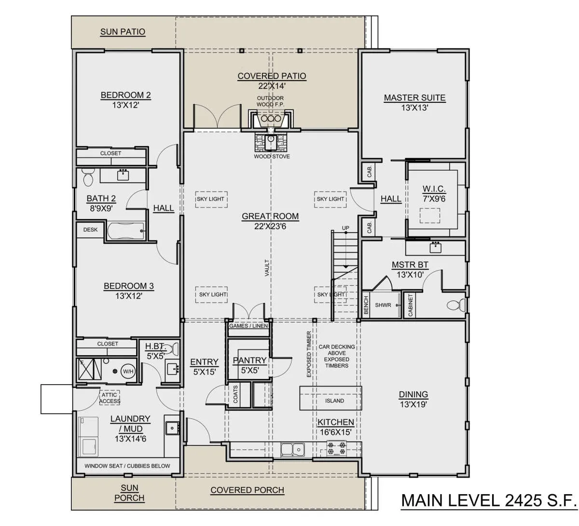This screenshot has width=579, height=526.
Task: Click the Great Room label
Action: click(270, 216)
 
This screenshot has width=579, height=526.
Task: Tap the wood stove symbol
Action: click(271, 142)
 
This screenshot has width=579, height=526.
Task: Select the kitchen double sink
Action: click(292, 449)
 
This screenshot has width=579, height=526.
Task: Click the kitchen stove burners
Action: click(336, 448)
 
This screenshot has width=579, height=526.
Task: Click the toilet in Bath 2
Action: click(88, 177)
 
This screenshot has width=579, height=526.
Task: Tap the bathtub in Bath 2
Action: click(125, 231)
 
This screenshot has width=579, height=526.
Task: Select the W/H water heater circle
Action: click(128, 371)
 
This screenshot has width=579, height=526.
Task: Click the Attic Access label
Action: click(110, 398)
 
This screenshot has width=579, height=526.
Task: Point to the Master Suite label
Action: click(414, 98)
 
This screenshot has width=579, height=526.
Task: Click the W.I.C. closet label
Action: click(434, 189)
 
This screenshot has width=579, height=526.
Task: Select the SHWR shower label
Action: click(383, 305)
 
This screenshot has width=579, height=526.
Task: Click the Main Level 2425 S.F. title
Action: click(488, 500)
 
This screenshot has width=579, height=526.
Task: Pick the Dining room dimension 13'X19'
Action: click(414, 404)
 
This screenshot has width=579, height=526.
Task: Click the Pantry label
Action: click(249, 360)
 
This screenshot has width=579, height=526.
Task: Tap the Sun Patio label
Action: click(123, 32)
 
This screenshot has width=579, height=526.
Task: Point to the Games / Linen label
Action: click(248, 326)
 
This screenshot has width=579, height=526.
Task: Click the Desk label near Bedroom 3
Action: click(90, 230)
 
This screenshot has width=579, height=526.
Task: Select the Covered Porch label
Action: click(248, 490)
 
